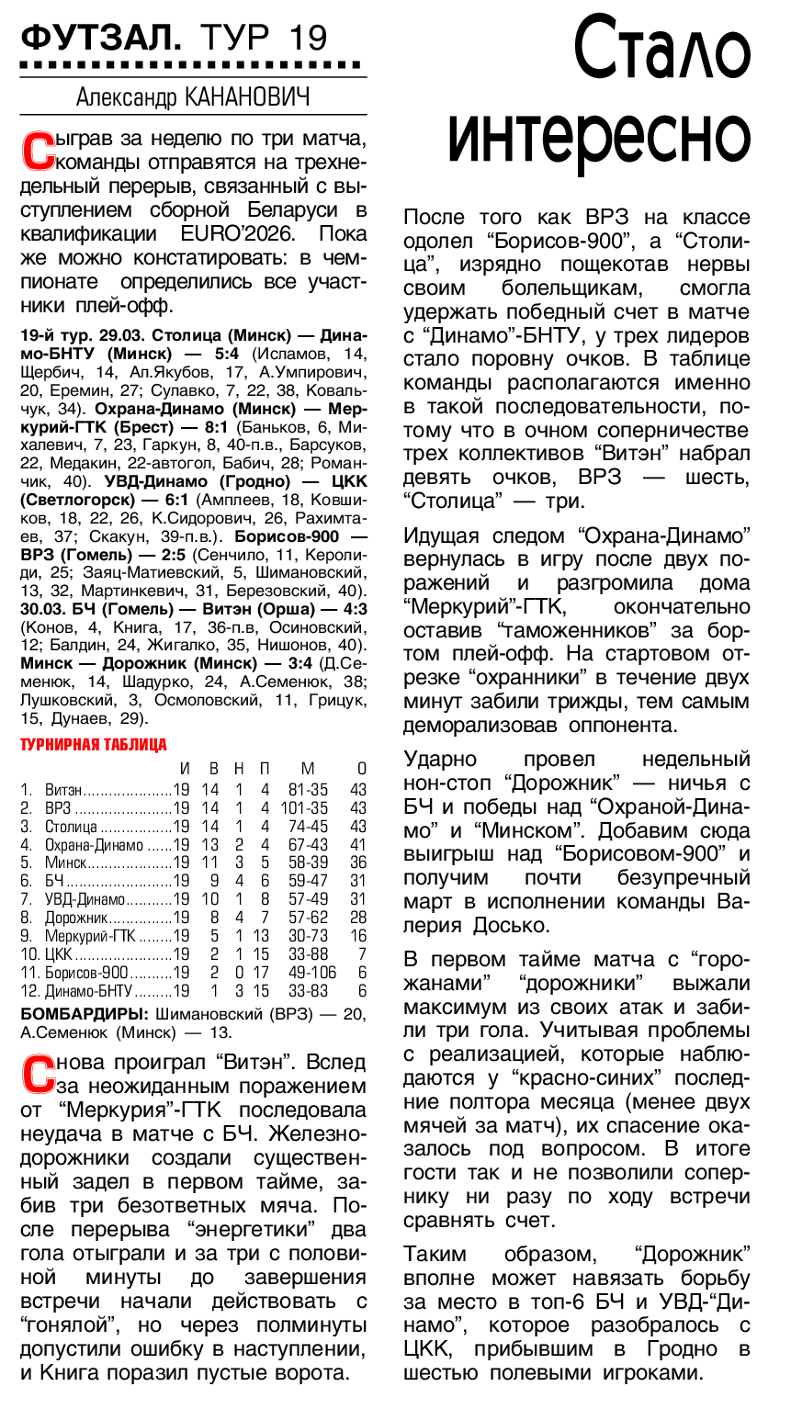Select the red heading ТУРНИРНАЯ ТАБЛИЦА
pyautogui.click(x=94, y=745)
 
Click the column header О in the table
pyautogui.click(x=361, y=769)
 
